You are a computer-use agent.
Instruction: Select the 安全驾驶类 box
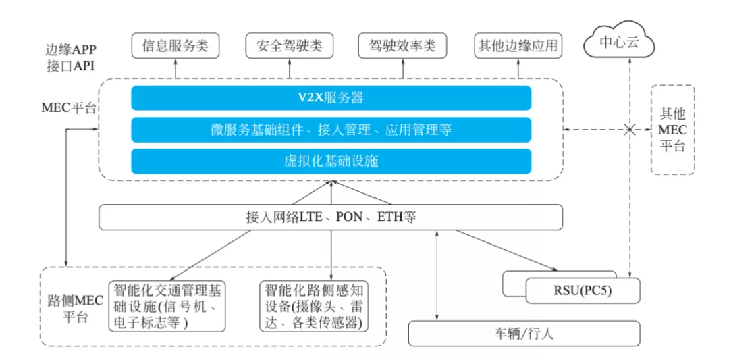290,46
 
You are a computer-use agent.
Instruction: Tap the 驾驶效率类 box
403,46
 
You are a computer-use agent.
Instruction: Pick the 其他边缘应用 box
518,46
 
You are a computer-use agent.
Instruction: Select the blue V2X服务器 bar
331,98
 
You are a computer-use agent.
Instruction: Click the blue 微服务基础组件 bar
331,130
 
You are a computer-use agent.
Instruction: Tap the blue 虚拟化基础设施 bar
331,161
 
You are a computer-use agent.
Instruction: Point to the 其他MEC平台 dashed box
672,129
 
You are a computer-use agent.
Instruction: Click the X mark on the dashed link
630,129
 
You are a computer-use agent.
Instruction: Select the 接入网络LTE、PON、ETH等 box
331,217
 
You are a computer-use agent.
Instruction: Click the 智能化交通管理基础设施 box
166,306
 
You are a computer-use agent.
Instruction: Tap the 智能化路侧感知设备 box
314,306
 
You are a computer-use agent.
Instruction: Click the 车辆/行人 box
524,334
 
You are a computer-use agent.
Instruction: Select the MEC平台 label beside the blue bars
68,108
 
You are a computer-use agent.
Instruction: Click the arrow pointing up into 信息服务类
175,68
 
